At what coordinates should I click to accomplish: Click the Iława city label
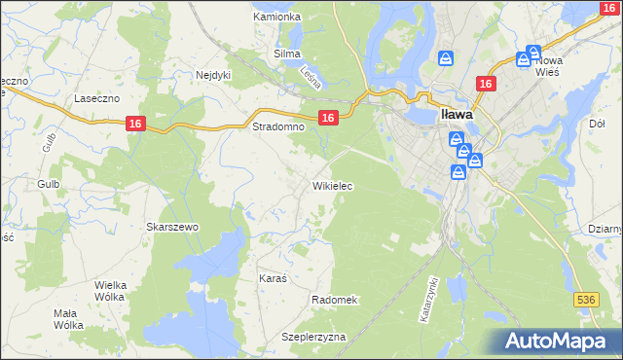pyautogui.click(x=457, y=114)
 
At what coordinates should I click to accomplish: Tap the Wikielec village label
pyautogui.click(x=332, y=185)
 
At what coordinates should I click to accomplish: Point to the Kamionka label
pyautogui.click(x=276, y=17)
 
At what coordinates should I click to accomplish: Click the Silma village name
pyautogui.click(x=287, y=54)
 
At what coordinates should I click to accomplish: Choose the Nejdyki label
pyautogui.click(x=212, y=74)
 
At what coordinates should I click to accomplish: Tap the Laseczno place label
pyautogui.click(x=96, y=99)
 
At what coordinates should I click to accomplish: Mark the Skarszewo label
pyautogui.click(x=172, y=227)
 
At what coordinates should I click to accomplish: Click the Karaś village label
pyautogui.click(x=272, y=278)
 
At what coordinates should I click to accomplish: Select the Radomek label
pyautogui.click(x=335, y=300)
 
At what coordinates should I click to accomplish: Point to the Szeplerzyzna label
pyautogui.click(x=313, y=337)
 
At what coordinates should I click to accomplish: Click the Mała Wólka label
pyautogui.click(x=68, y=319)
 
